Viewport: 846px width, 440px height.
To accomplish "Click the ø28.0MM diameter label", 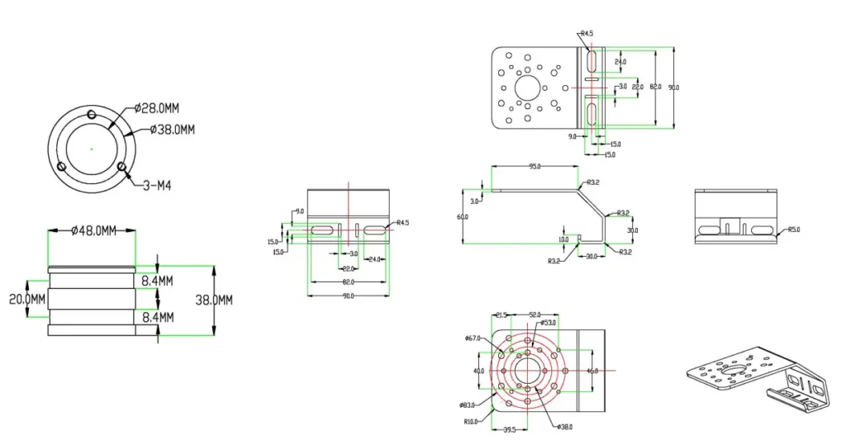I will pos(157,108).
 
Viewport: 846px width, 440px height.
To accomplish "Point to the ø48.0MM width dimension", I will pos(91,230).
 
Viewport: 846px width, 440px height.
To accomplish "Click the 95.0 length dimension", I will pos(535,167).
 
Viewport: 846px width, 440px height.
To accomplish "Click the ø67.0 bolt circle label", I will pos(473,338).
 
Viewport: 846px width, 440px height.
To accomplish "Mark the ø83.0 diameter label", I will pos(468,405).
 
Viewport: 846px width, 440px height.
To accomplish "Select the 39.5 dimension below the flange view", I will pos(510,429).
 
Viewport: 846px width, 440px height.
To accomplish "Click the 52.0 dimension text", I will pos(535,315).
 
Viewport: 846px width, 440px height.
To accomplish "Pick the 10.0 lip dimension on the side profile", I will pos(563,239).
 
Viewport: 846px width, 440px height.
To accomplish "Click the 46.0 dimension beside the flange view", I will pos(592,371).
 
